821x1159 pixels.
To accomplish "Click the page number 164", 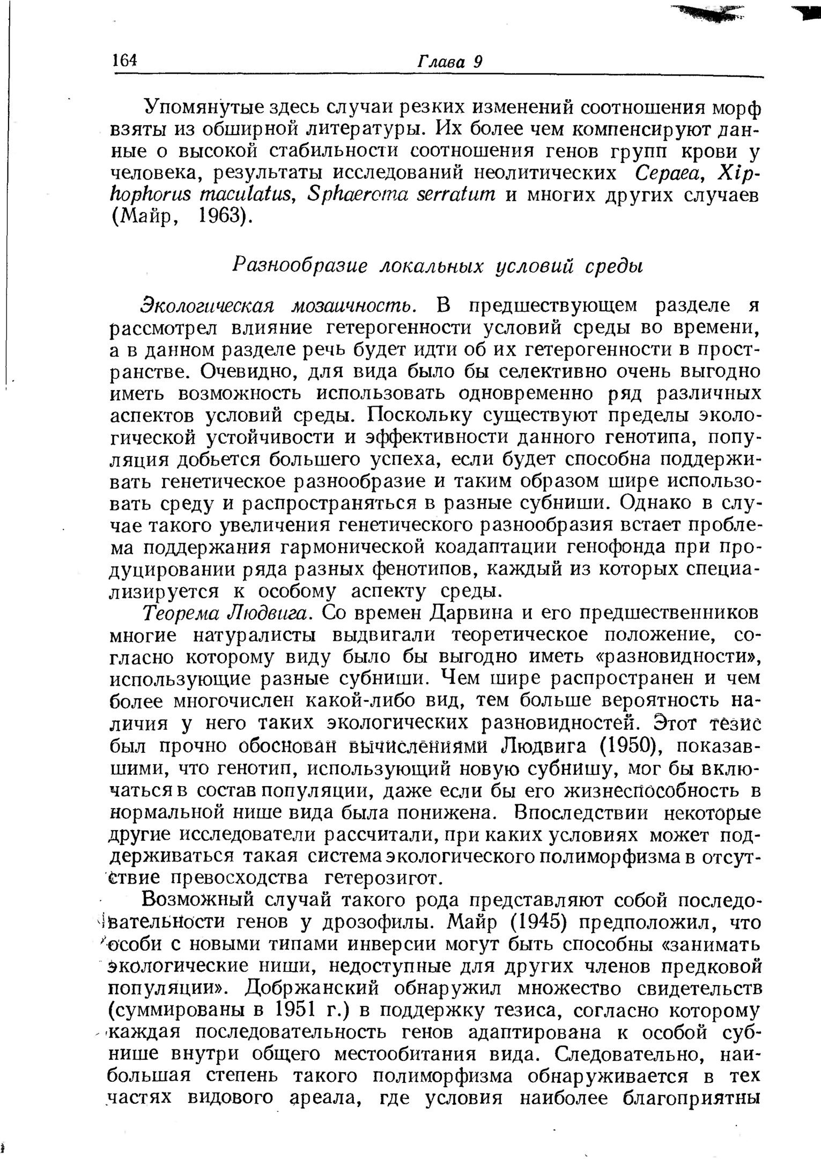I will [x=124, y=60].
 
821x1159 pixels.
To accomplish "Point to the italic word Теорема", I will [x=177, y=613].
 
